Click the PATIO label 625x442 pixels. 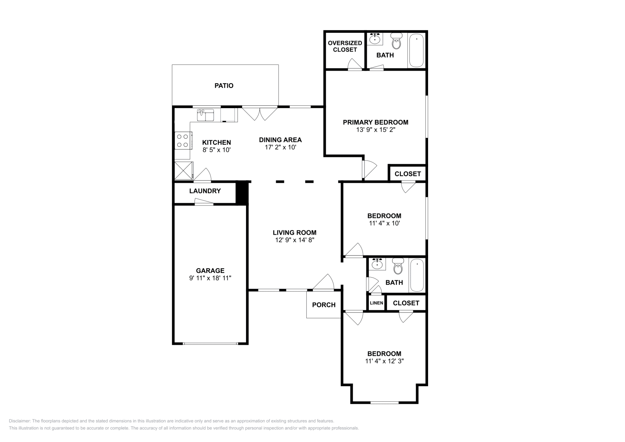[224, 86]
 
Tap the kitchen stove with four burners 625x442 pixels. [183, 141]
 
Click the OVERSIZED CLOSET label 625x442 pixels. [345, 46]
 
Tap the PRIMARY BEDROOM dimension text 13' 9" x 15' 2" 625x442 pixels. [376, 130]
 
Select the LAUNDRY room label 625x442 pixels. [205, 191]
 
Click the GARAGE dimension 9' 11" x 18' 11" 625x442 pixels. [210, 278]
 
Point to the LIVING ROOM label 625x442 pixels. [295, 232]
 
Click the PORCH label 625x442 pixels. [323, 305]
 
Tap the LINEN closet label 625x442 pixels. [376, 303]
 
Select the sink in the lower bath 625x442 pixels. [377, 265]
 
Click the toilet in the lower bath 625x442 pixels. [398, 267]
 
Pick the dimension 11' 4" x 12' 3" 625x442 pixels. [384, 361]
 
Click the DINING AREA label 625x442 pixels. [280, 140]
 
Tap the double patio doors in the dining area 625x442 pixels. [259, 113]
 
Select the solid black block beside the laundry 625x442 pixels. [242, 192]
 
